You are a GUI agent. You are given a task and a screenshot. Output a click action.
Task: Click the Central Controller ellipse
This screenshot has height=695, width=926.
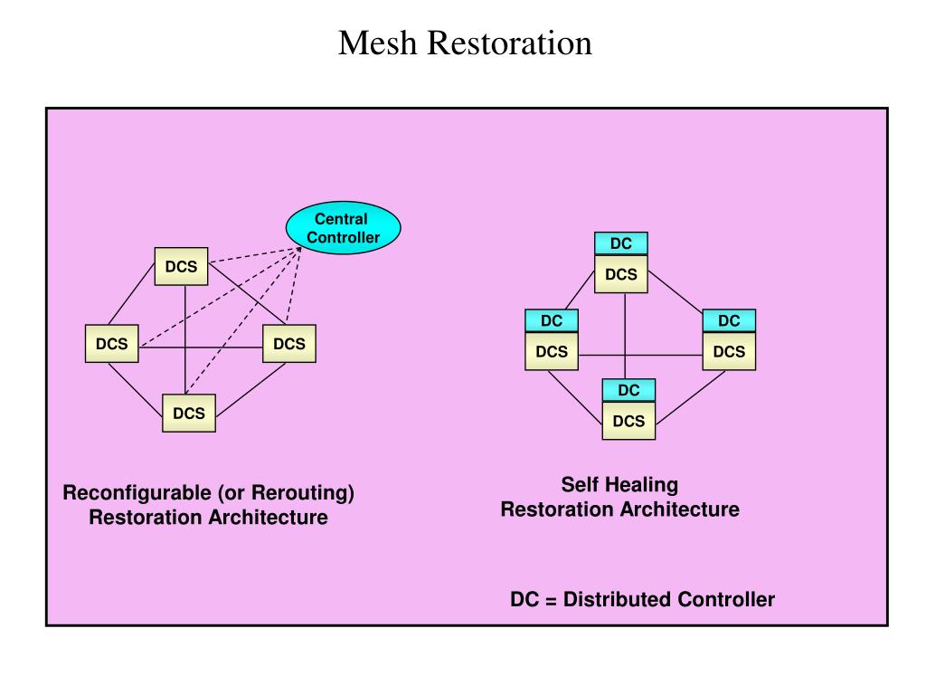[343, 228]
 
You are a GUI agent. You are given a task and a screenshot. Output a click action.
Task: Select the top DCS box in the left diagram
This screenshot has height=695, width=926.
[181, 267]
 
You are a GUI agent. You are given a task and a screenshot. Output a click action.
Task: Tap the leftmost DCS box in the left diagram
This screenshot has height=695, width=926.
[111, 343]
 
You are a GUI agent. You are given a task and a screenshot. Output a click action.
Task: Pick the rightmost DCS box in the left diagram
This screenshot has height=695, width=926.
[289, 343]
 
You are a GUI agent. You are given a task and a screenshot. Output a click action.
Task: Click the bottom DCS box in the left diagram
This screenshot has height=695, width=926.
[189, 413]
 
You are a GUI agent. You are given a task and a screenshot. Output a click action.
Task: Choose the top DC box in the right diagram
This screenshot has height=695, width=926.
[621, 243]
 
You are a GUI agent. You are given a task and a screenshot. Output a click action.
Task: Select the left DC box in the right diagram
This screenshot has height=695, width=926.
[552, 321]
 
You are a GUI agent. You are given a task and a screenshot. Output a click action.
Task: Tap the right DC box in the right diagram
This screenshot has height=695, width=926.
[730, 321]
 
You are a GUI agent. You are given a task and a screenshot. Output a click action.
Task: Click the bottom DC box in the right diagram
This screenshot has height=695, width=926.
[629, 391]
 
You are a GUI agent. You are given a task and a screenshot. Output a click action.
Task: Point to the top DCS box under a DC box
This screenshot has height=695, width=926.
[621, 274]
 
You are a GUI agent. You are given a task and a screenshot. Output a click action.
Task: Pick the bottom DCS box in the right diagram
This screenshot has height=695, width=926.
[629, 421]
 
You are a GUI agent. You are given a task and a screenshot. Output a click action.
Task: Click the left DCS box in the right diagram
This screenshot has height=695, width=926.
[552, 352]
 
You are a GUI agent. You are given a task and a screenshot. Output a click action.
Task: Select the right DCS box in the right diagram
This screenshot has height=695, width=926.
[730, 352]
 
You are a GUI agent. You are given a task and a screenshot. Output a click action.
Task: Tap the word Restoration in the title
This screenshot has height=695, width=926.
[509, 43]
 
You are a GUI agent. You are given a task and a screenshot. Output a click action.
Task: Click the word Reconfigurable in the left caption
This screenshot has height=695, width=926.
[137, 493]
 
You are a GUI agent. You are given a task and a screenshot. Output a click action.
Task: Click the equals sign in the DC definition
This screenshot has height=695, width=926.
[551, 601]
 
